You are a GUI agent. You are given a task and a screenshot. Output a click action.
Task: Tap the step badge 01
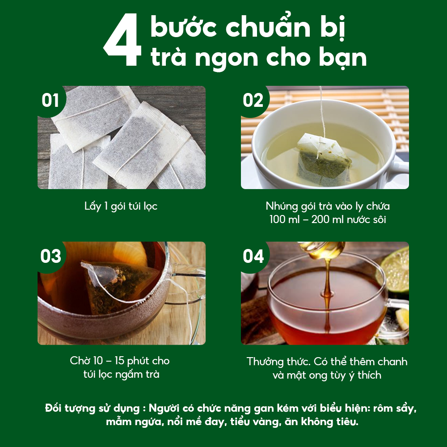pyautogui.click(x=51, y=101)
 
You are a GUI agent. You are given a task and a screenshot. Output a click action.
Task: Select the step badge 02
pyautogui.click(x=253, y=101)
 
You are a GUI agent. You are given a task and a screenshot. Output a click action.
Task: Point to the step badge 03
pyautogui.click(x=51, y=257)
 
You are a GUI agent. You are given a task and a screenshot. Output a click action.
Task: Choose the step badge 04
pyautogui.click(x=253, y=257)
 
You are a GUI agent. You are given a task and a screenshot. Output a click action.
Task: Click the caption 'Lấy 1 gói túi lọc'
pyautogui.click(x=121, y=207)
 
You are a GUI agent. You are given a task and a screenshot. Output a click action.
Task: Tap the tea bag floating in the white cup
pyautogui.click(x=323, y=159)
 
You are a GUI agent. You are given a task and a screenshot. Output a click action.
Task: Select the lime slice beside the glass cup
pyautogui.click(x=396, y=268)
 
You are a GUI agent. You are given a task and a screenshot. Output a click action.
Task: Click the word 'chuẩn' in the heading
pyautogui.click(x=266, y=28)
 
